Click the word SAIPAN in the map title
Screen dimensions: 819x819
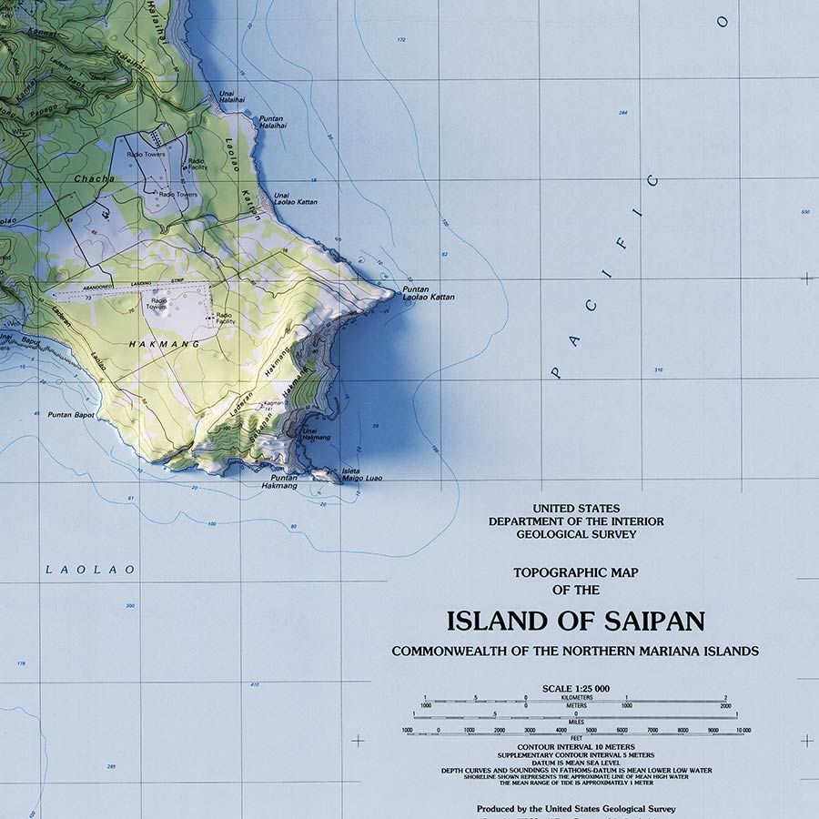(653, 622)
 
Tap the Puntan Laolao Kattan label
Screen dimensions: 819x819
(428, 293)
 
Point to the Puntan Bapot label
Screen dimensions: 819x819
(71, 415)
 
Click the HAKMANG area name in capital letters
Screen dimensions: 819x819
(151, 344)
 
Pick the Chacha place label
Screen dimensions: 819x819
(95, 179)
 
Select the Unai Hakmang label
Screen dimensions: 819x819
(316, 434)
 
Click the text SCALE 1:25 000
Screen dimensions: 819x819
(575, 688)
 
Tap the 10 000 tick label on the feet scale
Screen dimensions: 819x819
(743, 731)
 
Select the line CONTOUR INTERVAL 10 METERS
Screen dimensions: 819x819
(575, 748)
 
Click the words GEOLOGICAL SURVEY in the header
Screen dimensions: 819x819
(576, 534)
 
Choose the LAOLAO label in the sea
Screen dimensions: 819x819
(90, 570)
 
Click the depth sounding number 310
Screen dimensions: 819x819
(658, 369)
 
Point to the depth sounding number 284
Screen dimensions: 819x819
(623, 113)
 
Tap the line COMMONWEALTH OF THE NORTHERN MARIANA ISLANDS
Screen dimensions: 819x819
(575, 651)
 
